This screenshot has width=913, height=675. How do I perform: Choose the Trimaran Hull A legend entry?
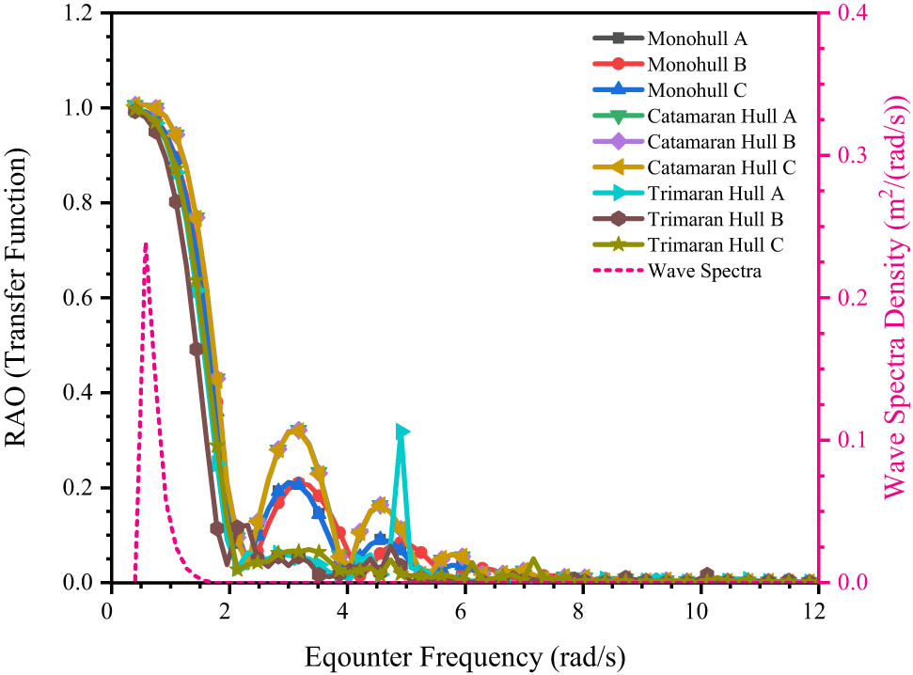tap(716, 193)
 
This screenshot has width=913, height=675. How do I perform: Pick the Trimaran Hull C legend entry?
tap(716, 244)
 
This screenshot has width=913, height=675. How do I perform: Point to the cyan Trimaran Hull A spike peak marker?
tap(402, 432)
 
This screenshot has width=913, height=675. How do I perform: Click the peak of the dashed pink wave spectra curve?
tap(145, 243)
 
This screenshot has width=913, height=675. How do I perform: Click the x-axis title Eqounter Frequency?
tap(462, 651)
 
